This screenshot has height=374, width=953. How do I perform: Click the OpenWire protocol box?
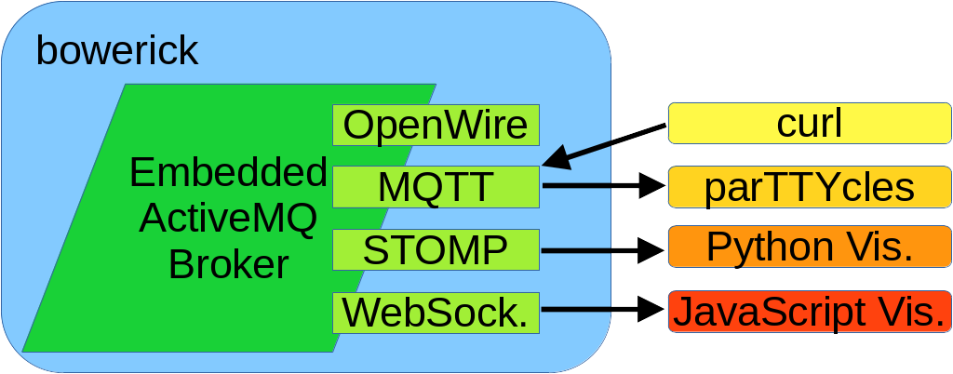click(x=436, y=125)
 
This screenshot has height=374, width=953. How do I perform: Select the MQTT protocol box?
click(x=436, y=187)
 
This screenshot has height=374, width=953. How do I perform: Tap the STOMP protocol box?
click(x=436, y=249)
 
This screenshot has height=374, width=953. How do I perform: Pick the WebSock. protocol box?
click(x=436, y=312)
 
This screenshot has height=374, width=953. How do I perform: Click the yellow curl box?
click(x=809, y=124)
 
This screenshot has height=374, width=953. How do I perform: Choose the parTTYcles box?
click(x=809, y=187)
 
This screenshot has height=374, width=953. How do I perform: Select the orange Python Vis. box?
click(x=809, y=247)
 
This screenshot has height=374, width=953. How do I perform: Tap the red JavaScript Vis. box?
click(x=809, y=311)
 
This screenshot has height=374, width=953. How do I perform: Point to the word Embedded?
click(x=228, y=173)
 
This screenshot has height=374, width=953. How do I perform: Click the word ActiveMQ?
click(x=228, y=219)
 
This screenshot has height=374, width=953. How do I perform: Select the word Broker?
click(x=228, y=265)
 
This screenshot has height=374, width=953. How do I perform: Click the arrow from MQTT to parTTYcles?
click(x=596, y=186)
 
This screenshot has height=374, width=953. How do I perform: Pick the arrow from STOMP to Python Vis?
click(x=596, y=249)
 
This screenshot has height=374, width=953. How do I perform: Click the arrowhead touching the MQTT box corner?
click(x=557, y=160)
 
